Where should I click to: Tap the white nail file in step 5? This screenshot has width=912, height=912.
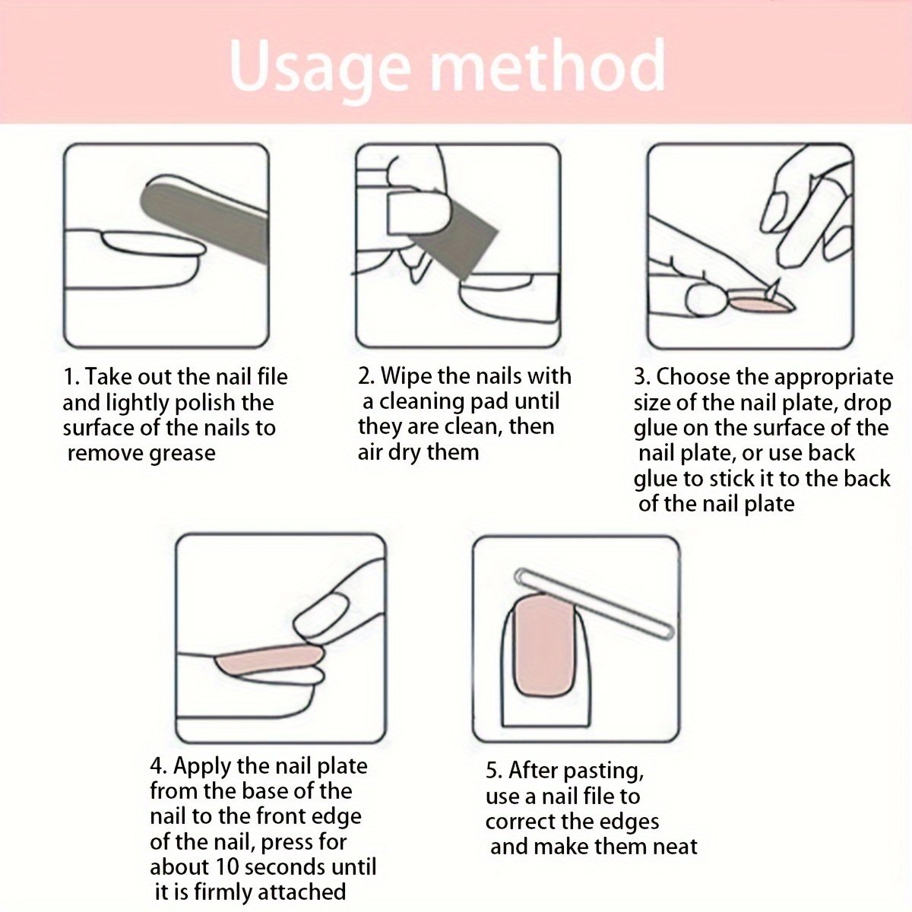[594, 604]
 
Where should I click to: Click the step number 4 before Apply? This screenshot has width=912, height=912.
[157, 767]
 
